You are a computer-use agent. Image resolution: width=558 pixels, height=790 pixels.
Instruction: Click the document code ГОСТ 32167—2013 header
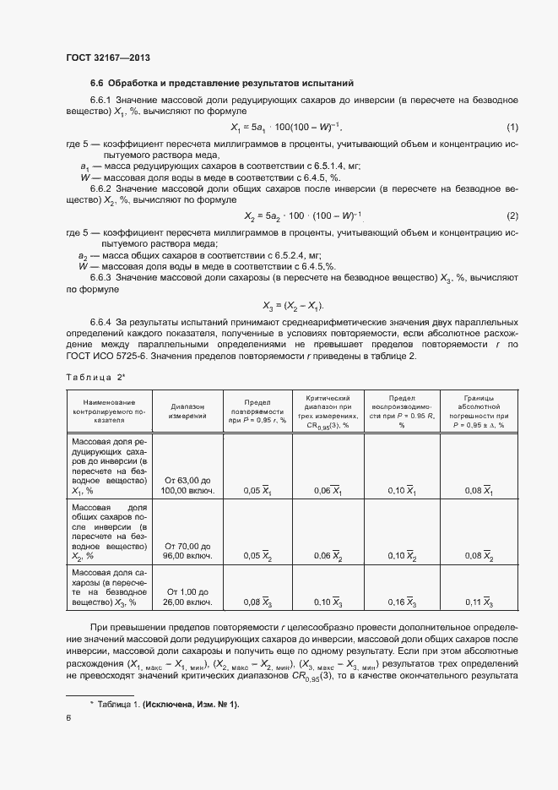pos(107,58)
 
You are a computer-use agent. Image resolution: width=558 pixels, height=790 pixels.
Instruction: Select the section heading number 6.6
pos(96,83)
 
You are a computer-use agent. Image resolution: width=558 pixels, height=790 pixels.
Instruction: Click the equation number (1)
pos(512,128)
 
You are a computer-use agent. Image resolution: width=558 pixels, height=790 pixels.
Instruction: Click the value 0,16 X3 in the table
pos(401,602)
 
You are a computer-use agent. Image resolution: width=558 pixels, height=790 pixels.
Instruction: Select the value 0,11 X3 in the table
pos(479,602)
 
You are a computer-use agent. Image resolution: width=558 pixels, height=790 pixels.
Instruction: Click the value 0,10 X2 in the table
pos(401,556)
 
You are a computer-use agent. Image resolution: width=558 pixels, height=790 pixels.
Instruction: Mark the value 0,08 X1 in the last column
pos(479,490)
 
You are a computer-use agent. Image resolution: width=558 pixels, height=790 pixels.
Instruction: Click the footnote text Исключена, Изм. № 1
pos(192,704)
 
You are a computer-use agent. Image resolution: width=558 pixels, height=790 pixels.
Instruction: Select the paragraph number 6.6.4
pos(101,323)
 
